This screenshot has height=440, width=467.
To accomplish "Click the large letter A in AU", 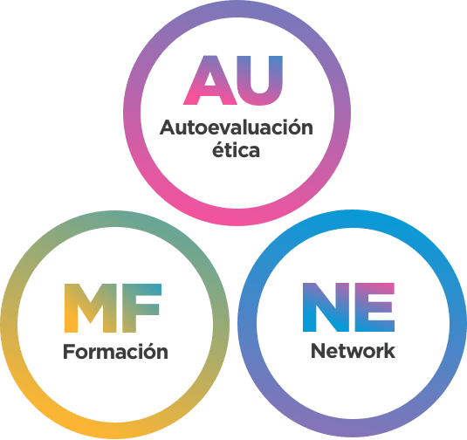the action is click(210, 80).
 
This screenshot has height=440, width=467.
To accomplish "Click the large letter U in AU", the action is click(261, 80).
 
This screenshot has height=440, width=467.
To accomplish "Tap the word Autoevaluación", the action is click(237, 127).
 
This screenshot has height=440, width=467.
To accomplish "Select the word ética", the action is click(236, 148).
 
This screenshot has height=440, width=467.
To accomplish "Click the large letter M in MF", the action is click(89, 308).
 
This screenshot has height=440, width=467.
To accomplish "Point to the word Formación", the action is click(115, 351).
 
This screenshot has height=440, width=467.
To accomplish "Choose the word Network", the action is click(353, 351).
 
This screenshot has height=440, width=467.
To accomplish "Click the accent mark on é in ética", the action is click(220, 141).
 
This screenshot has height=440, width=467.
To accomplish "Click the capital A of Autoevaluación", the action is click(168, 127).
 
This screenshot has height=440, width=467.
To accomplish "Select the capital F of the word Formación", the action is click(68, 351).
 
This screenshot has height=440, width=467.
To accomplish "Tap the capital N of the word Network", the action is click(318, 351).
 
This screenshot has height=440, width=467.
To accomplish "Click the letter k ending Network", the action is click(389, 350).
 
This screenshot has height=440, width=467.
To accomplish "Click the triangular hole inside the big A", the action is click(210, 79).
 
